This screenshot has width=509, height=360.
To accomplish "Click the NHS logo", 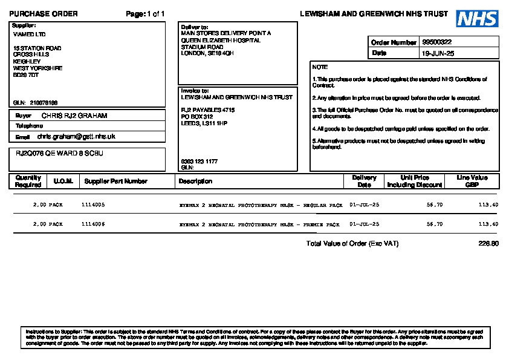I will click(477, 18).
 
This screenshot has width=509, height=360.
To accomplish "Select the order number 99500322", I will click(437, 42).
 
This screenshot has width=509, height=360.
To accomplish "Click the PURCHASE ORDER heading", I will click(44, 14).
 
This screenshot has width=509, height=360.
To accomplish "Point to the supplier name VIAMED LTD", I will click(29, 34).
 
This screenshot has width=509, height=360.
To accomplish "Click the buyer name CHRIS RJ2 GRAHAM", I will click(74, 115).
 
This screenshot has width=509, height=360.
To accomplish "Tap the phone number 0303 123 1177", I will click(199, 162).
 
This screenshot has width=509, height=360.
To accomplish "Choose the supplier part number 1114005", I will click(93, 205).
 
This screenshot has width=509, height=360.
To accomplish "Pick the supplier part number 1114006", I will click(93, 224).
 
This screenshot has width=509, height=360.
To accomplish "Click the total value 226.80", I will click(488, 244).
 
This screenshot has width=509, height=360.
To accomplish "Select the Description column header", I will click(195, 181).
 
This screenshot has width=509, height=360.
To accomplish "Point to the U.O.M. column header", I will click(63, 181).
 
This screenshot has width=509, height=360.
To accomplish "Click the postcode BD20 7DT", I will click(26, 75).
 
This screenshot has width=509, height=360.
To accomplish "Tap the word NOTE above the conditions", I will click(320, 67).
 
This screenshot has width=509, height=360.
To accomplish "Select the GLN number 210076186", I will click(44, 103).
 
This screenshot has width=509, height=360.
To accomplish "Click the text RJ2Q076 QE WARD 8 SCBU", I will click(59, 154).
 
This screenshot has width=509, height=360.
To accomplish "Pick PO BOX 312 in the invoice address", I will click(197, 116).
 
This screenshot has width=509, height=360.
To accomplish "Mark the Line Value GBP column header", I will click(472, 181).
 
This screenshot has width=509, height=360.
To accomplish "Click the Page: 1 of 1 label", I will click(145, 14).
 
